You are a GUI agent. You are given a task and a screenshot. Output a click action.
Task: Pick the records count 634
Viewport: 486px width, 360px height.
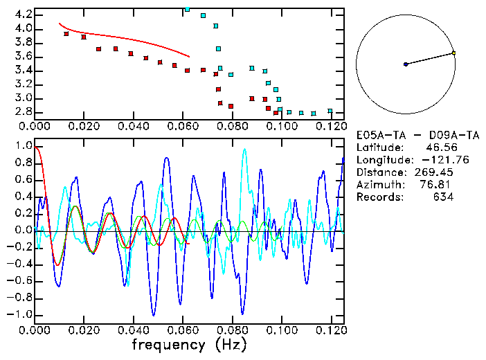443,197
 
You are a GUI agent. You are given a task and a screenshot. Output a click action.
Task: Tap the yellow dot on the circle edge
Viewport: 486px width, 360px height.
453,53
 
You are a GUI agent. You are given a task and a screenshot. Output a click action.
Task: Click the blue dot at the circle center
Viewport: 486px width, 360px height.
406,64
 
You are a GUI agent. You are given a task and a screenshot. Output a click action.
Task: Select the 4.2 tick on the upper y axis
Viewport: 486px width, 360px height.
23,15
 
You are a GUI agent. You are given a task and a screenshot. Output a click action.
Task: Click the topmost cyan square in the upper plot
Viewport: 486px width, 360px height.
187,9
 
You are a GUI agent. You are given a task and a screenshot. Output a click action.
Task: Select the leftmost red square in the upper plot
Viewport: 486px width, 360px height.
66,34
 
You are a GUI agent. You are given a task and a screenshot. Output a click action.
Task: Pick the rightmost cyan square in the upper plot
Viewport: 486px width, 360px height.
330,111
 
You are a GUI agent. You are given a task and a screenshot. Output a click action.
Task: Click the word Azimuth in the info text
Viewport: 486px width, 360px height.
377,184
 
